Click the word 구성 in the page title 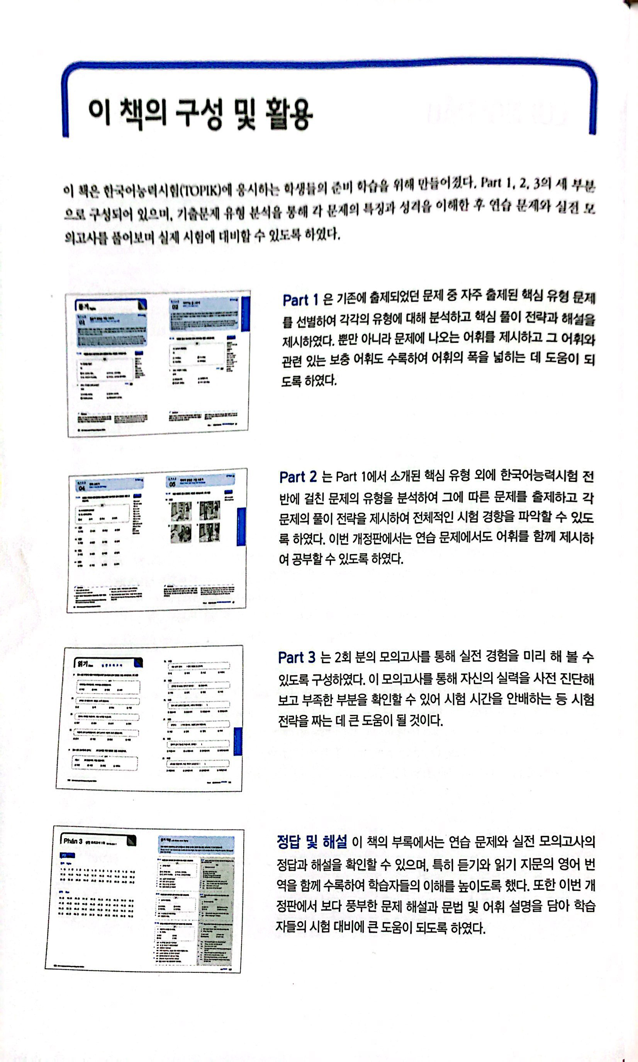tap(199, 114)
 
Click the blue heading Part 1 tap(300, 300)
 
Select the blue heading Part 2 tap(297, 477)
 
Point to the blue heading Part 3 tap(296, 657)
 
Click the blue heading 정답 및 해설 tap(312, 841)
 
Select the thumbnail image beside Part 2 tap(157, 540)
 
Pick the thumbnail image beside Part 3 tap(149, 718)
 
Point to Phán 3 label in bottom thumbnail tap(73, 841)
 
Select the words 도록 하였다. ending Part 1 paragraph tap(309, 381)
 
